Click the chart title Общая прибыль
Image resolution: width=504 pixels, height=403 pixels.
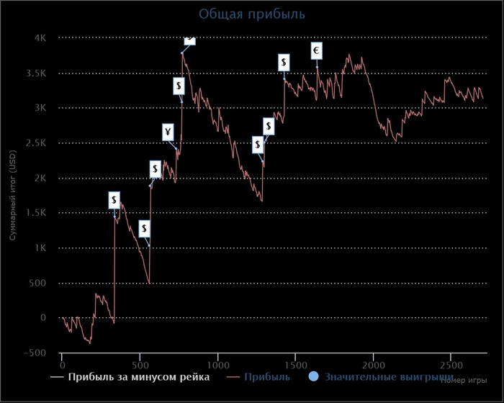(252, 14)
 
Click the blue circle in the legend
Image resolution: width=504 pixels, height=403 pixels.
(313, 376)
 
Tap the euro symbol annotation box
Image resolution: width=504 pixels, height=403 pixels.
(317, 50)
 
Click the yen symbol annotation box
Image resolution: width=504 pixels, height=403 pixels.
(168, 132)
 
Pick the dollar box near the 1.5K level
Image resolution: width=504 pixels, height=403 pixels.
(114, 200)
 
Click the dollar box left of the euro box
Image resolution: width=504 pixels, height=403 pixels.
(284, 63)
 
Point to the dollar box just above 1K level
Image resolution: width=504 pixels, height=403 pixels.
(145, 229)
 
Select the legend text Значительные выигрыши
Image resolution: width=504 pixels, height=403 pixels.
(389, 376)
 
